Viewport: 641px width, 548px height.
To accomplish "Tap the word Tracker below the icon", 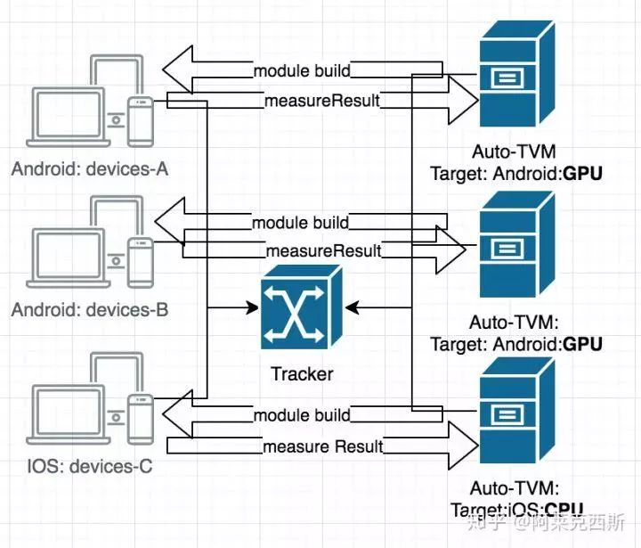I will click(301, 373).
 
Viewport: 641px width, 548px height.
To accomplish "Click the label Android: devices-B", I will click(90, 311).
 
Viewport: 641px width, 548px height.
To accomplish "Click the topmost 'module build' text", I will click(301, 70).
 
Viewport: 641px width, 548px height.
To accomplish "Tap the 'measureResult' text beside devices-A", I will click(321, 102).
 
